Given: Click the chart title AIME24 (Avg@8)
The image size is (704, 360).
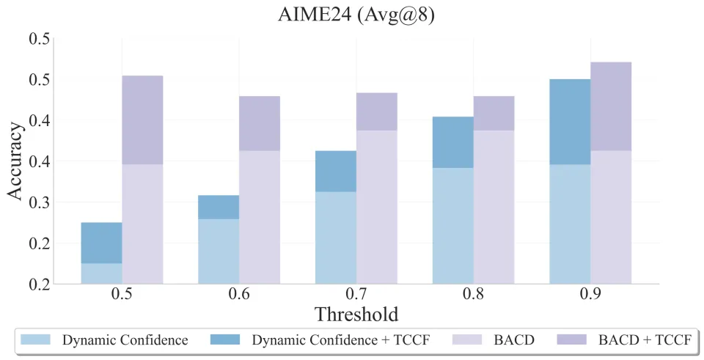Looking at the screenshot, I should tap(356, 15).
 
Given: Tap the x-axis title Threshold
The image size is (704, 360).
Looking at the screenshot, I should tap(356, 315).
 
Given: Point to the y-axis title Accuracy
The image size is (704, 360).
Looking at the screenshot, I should tap(16, 161).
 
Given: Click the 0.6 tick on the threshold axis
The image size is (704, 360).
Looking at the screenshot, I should tap(239, 295).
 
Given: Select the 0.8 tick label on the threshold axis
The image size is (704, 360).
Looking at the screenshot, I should tap(473, 295).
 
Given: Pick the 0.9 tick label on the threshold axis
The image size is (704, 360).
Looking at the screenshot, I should tap(590, 295).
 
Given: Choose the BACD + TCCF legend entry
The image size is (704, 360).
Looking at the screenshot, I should tap(645, 340).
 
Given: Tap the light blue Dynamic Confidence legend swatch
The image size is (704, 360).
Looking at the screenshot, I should tap(36, 340).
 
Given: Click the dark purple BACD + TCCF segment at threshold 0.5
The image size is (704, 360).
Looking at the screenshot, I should tap(142, 120).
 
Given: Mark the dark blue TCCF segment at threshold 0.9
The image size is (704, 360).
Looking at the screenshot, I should tap(570, 121).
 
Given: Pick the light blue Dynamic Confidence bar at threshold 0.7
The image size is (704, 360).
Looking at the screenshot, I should tap(336, 238).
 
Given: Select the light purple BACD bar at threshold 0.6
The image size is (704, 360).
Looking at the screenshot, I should tap(260, 217).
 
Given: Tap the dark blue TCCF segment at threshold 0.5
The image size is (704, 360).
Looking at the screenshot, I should tap(101, 243).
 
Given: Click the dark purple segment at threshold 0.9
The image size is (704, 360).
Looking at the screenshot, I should tap(611, 106).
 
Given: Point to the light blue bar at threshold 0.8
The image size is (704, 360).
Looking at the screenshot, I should tap(452, 226).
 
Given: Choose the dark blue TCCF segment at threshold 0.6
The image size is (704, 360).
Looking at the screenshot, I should tap(219, 207).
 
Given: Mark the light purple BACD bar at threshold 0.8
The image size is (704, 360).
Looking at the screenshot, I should tap(494, 207).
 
